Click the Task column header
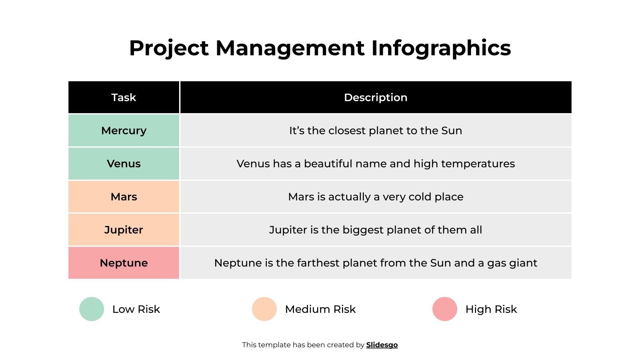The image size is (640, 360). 124,98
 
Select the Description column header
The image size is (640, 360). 376,98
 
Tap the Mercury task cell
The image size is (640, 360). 124,131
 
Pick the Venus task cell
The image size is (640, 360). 124,164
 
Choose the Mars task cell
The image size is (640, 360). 124,197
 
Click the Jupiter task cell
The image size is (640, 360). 124,230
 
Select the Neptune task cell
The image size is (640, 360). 124,263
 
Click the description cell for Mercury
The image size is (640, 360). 376,131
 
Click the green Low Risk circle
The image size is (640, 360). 92,309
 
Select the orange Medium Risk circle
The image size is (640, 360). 264,309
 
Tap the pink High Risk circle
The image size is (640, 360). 445,309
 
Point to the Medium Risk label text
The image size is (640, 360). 320,309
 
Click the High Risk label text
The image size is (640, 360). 491,309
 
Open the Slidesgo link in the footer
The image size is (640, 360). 382,345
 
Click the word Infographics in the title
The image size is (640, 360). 441,48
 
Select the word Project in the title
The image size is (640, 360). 169,48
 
